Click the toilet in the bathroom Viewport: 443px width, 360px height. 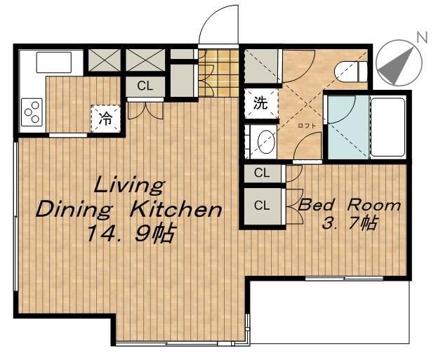point(350,72)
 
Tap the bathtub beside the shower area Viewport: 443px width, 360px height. point(388,127)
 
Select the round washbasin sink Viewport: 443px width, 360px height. point(266,142)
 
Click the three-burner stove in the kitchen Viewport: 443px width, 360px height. point(32,112)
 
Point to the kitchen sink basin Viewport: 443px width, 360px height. point(53,62)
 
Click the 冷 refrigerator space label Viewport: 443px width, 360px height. point(105,119)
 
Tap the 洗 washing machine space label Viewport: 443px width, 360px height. point(260,103)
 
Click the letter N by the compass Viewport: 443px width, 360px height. point(422,37)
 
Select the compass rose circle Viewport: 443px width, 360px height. point(399,62)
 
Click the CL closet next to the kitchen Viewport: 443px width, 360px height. point(145,86)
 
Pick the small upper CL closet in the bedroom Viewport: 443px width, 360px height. point(262,173)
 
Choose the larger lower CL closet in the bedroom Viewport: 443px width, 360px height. point(262,206)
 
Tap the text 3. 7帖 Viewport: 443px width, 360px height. point(349,224)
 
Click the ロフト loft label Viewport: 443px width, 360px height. point(307,126)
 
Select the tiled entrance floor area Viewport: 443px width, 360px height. point(218,73)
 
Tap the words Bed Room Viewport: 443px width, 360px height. point(349,205)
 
